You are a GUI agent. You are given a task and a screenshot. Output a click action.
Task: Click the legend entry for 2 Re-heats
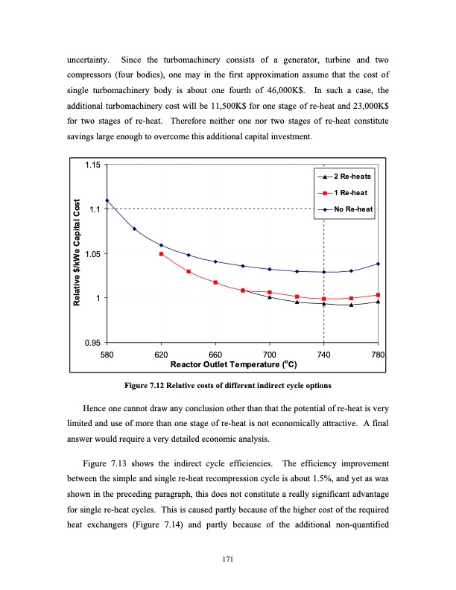point(350,177)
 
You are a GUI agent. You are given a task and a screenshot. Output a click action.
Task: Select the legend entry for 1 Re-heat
point(350,193)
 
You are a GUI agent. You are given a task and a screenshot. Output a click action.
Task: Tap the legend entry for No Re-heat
point(350,209)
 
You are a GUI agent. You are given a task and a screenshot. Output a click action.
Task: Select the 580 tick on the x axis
point(107,355)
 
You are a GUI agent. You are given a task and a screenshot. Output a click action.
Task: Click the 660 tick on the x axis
point(215,355)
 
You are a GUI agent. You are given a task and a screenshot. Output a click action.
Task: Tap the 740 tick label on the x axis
point(324,355)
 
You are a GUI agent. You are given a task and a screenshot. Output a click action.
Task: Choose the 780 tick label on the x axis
point(378,355)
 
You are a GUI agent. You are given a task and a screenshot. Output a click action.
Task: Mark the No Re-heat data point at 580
point(107,200)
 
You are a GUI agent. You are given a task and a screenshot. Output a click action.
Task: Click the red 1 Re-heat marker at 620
point(161,254)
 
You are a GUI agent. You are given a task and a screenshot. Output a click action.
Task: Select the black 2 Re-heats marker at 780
point(379,302)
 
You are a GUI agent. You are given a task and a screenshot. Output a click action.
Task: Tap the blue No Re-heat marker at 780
point(379,264)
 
